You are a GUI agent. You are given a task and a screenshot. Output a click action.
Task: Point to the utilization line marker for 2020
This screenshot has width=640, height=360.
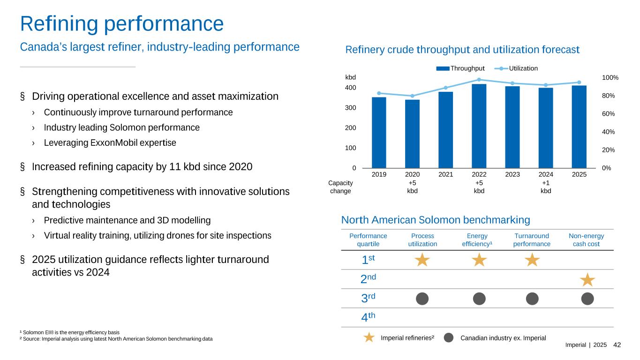coord(412,96)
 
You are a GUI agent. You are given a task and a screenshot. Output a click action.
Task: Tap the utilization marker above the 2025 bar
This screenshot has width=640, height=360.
coord(579,82)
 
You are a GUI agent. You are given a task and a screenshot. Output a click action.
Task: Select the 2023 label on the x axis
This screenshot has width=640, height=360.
coord(512,175)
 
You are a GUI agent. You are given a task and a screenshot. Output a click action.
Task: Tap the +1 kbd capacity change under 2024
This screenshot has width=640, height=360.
coord(546,187)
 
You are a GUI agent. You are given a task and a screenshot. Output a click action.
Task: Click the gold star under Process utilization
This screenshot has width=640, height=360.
coord(422,260)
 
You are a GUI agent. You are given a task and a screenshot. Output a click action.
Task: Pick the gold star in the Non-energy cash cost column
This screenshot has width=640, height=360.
coord(587,280)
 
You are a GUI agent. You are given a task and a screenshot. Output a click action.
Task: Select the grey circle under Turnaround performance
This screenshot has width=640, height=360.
coord(532,298)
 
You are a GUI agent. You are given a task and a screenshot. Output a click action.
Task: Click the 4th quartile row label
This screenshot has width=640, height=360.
coord(369,317)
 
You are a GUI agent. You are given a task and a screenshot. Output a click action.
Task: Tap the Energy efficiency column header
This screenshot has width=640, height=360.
coord(477,240)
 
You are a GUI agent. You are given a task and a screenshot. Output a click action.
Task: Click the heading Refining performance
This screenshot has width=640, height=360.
coord(121,23)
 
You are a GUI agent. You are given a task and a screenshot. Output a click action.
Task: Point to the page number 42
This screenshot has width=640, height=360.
coord(617,345)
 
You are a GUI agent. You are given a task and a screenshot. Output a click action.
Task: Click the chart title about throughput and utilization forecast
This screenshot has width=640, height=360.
coord(462,49)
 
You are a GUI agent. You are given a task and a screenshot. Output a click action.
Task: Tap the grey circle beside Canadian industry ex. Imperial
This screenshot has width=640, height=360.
coord(449,337)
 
